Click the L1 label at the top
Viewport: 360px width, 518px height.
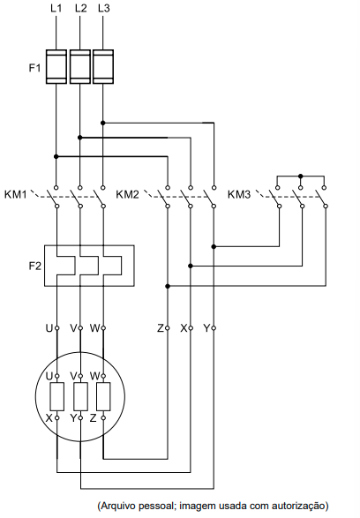coord(56,8)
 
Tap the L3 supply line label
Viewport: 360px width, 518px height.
coord(104,8)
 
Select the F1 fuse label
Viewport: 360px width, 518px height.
coord(34,68)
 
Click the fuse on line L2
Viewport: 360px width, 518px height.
coord(80,67)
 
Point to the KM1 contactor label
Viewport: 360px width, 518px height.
coord(15,194)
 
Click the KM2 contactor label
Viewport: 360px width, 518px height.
coord(127,194)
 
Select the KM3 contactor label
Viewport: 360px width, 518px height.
coord(239,194)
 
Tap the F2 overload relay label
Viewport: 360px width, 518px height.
coord(35,266)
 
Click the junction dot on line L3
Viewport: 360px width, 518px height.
coord(102,123)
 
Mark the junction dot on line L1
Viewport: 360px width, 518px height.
coord(56,156)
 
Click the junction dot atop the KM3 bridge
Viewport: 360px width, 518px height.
coord(300,176)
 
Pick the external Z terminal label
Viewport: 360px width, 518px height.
coord(161,328)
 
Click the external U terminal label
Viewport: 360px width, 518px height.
coord(49,328)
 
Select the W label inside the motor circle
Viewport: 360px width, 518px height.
coord(94,376)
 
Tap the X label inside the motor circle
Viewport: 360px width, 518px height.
coord(49,418)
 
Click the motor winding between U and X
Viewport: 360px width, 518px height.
coord(56,397)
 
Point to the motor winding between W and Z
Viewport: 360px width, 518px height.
coord(103,397)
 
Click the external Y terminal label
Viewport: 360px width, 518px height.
coord(206,328)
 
